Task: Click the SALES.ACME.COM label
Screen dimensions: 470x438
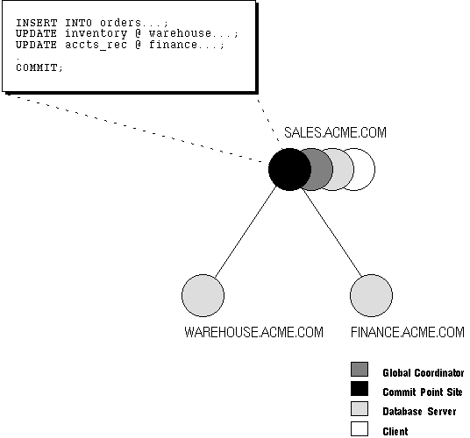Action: (335, 132)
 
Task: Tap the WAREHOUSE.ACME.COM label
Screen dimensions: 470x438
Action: (253, 332)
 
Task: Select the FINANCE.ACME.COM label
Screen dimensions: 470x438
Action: (408, 332)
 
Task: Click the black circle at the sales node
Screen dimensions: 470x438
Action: (289, 169)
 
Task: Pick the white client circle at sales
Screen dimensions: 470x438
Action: (364, 169)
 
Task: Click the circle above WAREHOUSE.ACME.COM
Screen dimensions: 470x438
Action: (203, 295)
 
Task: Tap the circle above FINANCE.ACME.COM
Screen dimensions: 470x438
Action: (371, 295)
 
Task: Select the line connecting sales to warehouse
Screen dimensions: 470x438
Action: (246, 231)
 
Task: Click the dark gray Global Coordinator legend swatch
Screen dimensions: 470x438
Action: (360, 369)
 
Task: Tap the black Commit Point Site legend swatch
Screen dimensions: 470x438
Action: (360, 389)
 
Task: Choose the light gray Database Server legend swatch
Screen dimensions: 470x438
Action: (360, 409)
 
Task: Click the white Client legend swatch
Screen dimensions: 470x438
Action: (360, 428)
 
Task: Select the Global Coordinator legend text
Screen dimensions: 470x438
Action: (424, 372)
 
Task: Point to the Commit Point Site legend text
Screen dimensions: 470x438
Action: (423, 392)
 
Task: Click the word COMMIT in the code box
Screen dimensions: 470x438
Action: (36, 67)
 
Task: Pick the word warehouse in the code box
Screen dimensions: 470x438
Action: (180, 33)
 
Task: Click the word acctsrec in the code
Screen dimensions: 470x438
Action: (96, 45)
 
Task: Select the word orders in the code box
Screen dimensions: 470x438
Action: (120, 23)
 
